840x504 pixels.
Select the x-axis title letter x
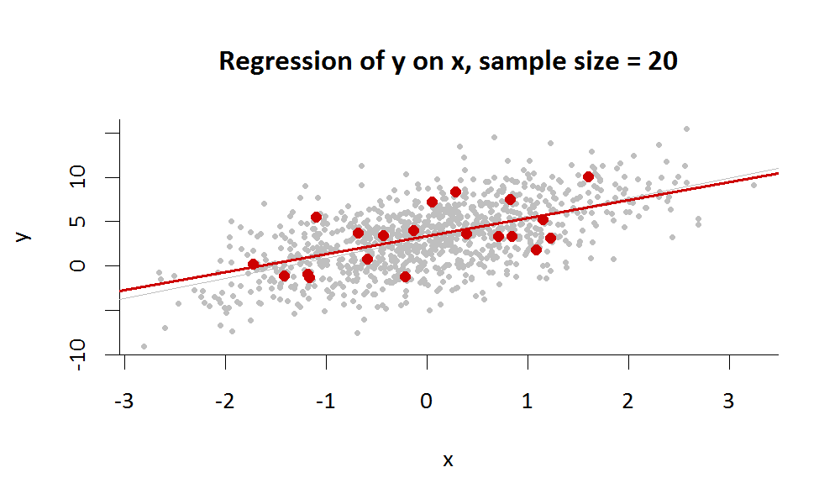point(448,460)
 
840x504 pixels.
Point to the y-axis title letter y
point(24,236)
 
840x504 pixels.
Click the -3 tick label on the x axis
point(124,402)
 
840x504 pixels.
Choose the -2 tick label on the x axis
point(225,402)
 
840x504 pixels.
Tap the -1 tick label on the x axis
point(326,402)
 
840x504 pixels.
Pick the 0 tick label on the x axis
point(427,402)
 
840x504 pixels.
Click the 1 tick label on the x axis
point(528,402)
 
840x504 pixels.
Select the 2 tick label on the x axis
point(628,402)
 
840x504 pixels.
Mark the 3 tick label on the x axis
point(729,402)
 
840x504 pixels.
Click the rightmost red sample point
point(588,176)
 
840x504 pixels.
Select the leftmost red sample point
point(253,265)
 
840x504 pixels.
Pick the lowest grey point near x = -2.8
point(144,346)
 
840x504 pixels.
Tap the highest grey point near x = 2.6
point(686,129)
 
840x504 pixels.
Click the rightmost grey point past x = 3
point(753,185)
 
